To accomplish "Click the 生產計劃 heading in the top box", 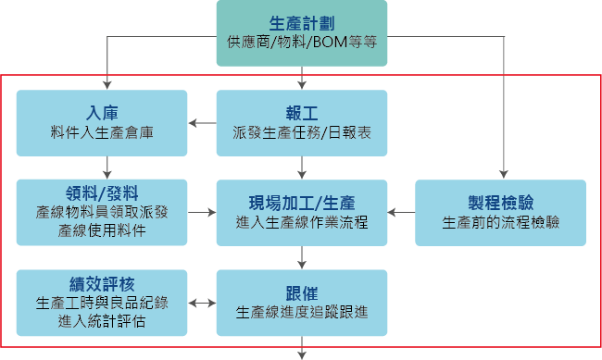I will pyautogui.click(x=302, y=22).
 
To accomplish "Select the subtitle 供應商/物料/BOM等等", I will pyautogui.click(x=302, y=43).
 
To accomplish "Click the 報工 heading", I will pyautogui.click(x=302, y=113).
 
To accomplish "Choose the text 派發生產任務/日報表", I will pyautogui.click(x=302, y=132).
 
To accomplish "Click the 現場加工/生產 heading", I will pyautogui.click(x=302, y=202).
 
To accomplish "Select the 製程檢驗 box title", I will pyautogui.click(x=500, y=202).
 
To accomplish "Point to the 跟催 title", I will pyautogui.click(x=302, y=292).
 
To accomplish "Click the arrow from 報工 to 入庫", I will pyautogui.click(x=202, y=122).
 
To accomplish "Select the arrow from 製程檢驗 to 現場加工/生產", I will pyautogui.click(x=401, y=212).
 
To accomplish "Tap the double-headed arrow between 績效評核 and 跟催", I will pyautogui.click(x=202, y=303).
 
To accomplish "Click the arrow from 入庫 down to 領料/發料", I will pyautogui.click(x=108, y=166).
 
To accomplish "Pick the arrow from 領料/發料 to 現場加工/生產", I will pyautogui.click(x=202, y=212).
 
